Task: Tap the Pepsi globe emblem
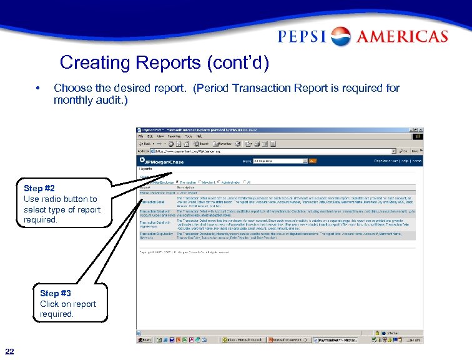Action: point(341,37)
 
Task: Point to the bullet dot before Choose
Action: point(39,88)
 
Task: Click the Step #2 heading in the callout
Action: point(39,188)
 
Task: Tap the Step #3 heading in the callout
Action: point(55,293)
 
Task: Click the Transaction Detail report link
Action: point(152,202)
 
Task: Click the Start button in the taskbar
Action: point(145,340)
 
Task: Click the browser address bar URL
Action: point(187,151)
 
